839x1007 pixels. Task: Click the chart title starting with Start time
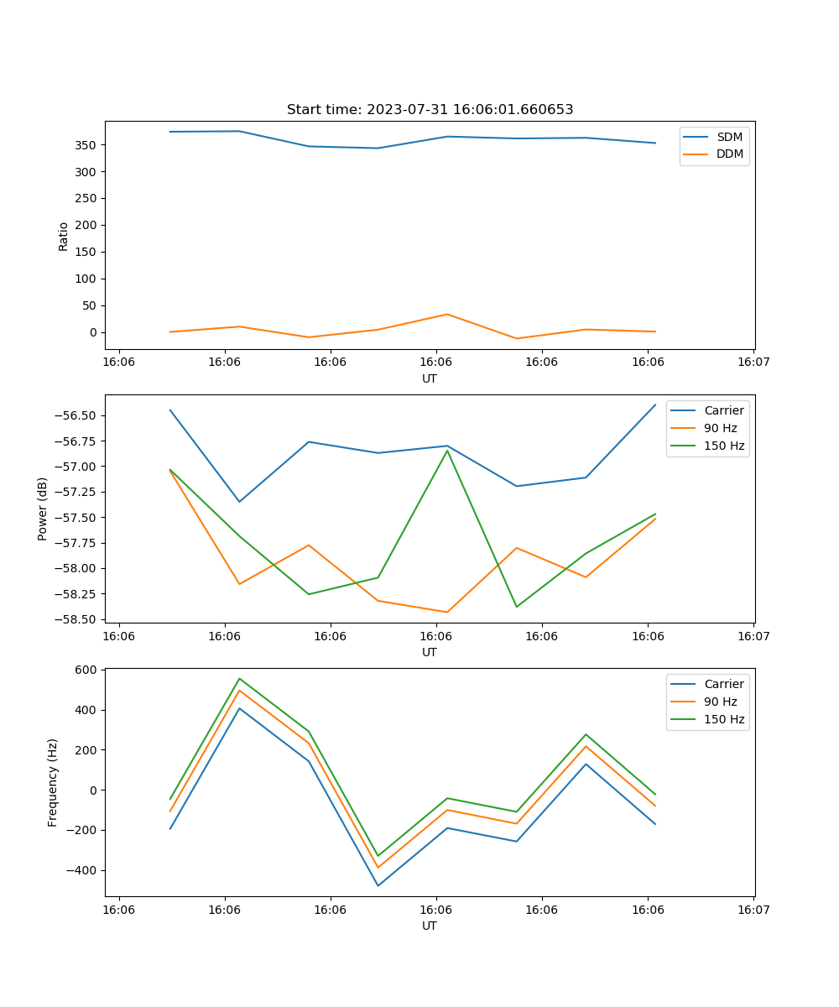click(x=430, y=110)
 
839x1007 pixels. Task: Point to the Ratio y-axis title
click(x=64, y=237)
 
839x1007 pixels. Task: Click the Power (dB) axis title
click(x=43, y=509)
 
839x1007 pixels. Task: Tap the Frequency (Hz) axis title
click(x=53, y=782)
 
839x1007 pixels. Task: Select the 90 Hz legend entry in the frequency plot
click(x=720, y=702)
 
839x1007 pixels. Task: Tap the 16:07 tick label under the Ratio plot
click(x=753, y=363)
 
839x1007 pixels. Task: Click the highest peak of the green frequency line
click(x=239, y=678)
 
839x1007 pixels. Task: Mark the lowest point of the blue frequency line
click(x=378, y=885)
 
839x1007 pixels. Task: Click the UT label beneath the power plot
click(x=430, y=652)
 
